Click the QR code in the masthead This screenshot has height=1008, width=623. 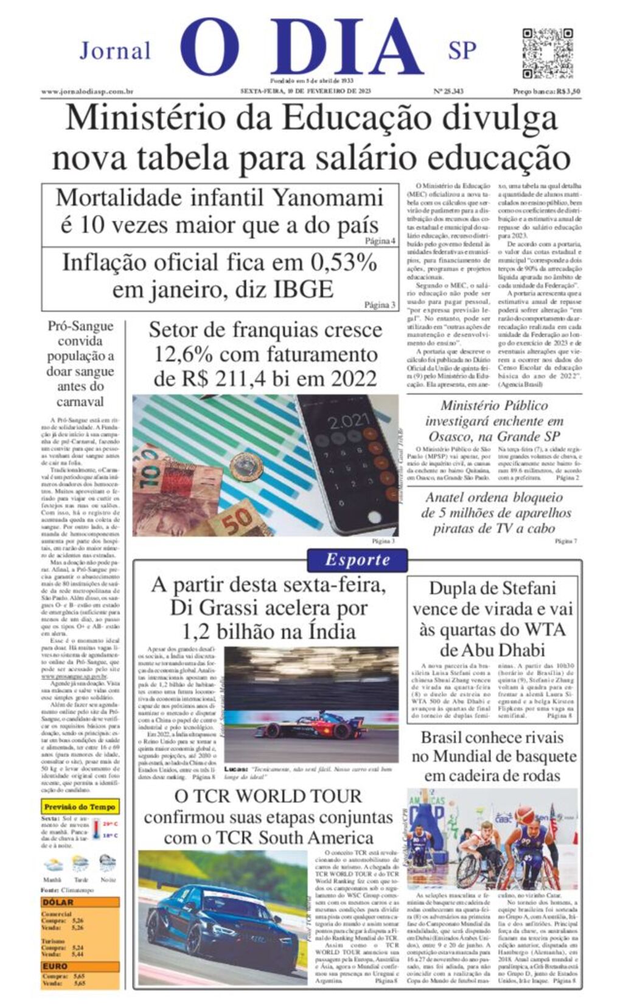[547, 53]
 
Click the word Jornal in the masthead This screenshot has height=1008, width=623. [115, 51]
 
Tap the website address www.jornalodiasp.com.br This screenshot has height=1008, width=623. [87, 91]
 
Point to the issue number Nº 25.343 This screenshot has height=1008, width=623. [448, 91]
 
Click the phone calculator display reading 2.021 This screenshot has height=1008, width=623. [349, 422]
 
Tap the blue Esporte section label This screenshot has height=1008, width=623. [357, 559]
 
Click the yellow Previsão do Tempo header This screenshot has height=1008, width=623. [80, 807]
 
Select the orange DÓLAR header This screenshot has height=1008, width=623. [59, 902]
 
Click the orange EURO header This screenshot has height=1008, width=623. [55, 966]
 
